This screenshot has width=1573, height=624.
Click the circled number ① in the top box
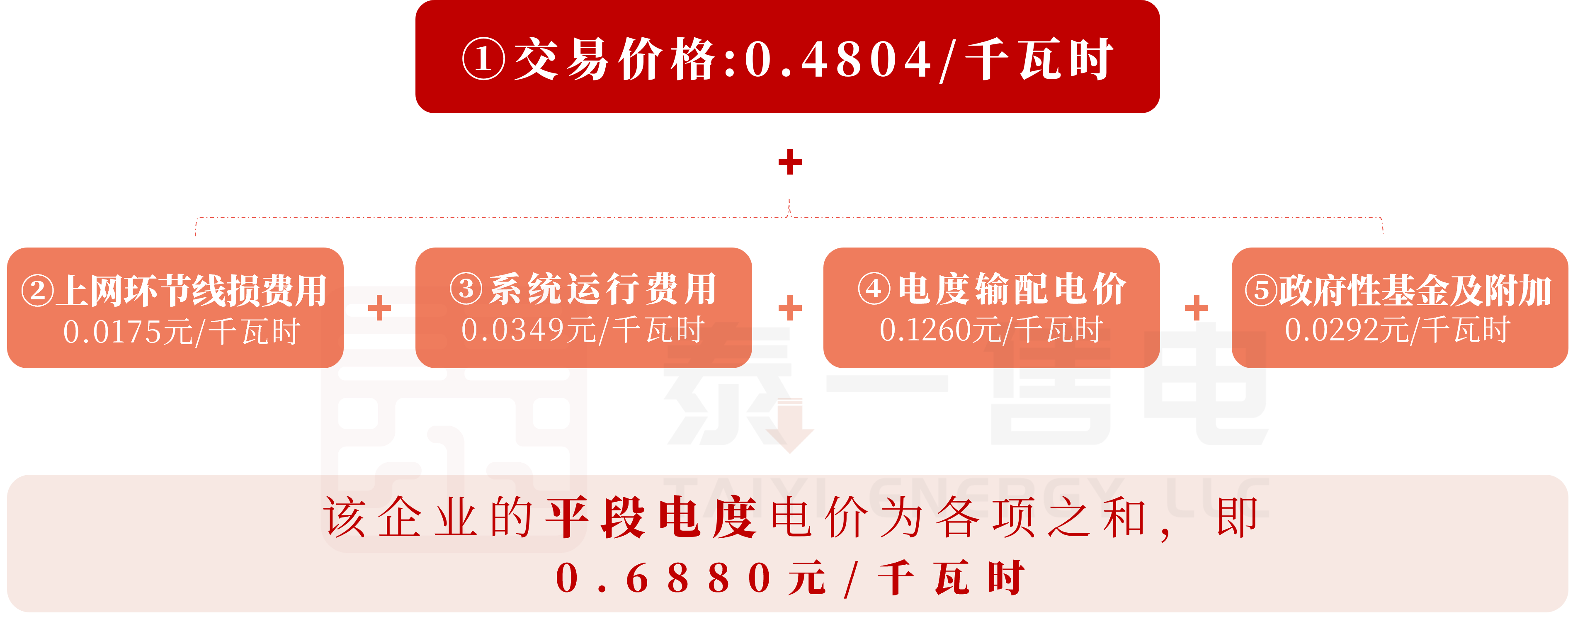coord(483,59)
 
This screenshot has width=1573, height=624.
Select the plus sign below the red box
coord(789,162)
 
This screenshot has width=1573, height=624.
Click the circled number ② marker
coord(38,291)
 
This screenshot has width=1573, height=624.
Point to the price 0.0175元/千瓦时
coord(181,332)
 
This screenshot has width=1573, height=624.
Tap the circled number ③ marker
coord(466,288)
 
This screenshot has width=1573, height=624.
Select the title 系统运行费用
coord(603,288)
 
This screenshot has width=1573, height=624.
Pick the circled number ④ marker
coord(874,288)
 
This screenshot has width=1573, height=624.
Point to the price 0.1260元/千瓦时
coord(991,330)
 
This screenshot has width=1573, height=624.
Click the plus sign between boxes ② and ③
coord(379,308)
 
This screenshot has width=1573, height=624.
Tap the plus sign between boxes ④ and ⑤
coord(1196,308)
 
